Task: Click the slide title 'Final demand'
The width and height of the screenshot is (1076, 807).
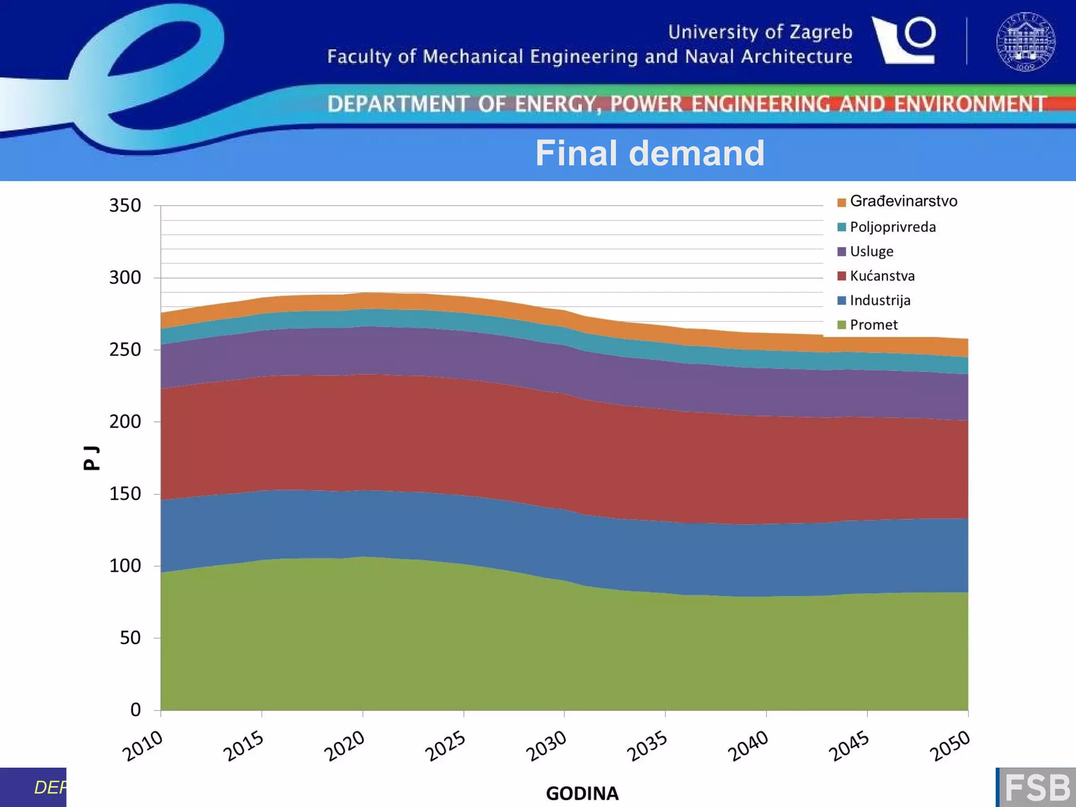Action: click(649, 153)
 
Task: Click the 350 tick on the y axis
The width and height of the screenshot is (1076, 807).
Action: click(125, 205)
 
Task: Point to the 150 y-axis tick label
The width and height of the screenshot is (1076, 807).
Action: click(125, 494)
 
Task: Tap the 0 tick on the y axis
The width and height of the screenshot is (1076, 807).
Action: click(136, 710)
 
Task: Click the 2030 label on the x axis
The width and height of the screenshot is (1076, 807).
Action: click(546, 747)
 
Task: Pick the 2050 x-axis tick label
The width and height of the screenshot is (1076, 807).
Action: click(950, 747)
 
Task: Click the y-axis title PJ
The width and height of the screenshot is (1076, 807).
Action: click(91, 458)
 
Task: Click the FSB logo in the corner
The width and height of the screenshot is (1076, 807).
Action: click(1037, 788)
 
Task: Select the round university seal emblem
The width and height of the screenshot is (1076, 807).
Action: click(1026, 42)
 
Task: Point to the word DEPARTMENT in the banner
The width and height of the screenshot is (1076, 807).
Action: click(398, 104)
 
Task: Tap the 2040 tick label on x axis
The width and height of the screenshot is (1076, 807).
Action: click(748, 747)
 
